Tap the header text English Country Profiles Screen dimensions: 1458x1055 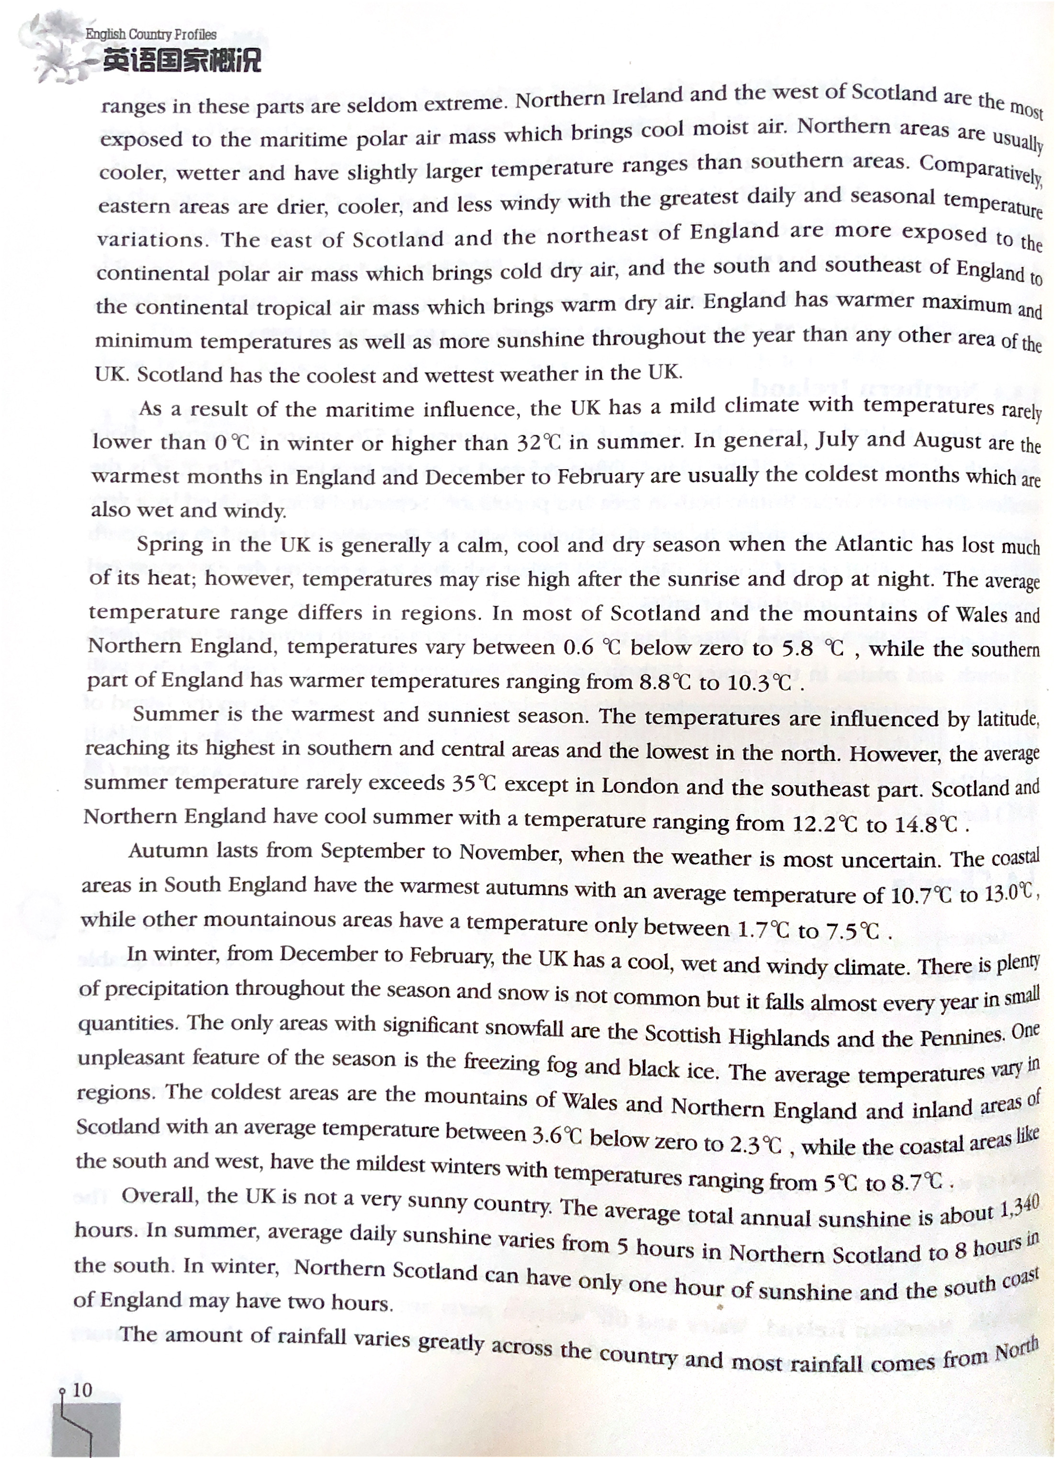151,34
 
